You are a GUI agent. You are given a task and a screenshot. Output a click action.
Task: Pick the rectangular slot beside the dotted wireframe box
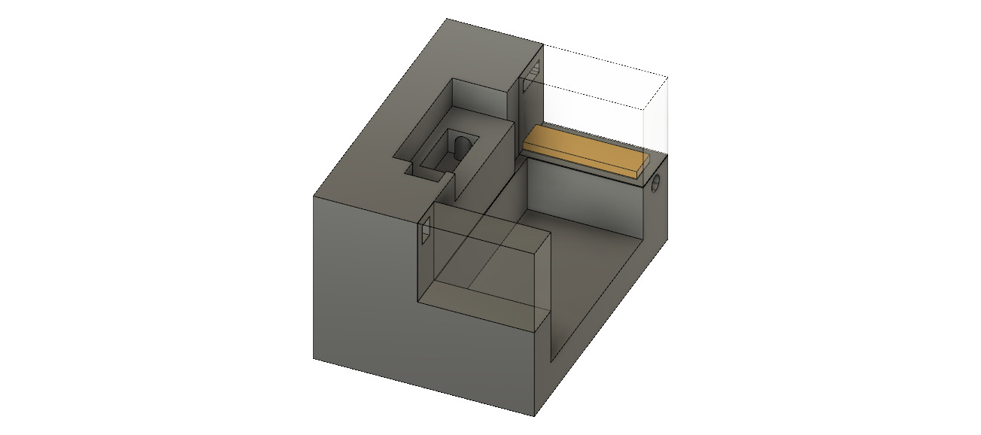(531, 76)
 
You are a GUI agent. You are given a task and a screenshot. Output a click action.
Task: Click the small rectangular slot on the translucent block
(424, 233)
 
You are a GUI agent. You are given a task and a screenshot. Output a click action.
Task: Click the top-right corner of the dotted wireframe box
(667, 76)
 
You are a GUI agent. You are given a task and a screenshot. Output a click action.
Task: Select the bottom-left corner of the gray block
(314, 358)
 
